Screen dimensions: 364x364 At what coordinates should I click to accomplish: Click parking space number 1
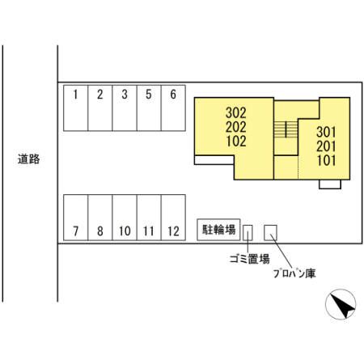75,108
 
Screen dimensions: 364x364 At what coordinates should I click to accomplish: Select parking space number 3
125,108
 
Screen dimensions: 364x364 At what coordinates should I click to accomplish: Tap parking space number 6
173,108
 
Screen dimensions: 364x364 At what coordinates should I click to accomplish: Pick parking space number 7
75,218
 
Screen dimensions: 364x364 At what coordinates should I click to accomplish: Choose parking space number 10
125,218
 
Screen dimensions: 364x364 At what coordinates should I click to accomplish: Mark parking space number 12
173,218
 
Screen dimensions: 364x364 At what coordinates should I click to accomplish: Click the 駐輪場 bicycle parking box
218,230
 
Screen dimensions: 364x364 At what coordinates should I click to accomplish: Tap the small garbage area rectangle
248,233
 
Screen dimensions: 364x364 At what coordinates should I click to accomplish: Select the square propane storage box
270,233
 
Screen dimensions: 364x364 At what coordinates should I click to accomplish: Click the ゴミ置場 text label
250,259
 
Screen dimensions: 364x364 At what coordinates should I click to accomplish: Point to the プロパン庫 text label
294,273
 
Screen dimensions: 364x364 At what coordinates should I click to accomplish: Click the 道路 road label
29,159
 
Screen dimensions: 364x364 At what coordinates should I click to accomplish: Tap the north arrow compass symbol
341,304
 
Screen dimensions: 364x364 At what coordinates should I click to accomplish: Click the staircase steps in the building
286,129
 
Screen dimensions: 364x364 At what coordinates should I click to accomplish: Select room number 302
236,112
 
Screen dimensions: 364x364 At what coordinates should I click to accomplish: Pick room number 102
236,141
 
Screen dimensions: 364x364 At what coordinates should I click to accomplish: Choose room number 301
326,132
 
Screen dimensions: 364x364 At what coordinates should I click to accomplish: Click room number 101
326,160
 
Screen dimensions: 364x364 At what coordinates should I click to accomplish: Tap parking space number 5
149,108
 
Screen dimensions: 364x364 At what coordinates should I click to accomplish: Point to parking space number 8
100,218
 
